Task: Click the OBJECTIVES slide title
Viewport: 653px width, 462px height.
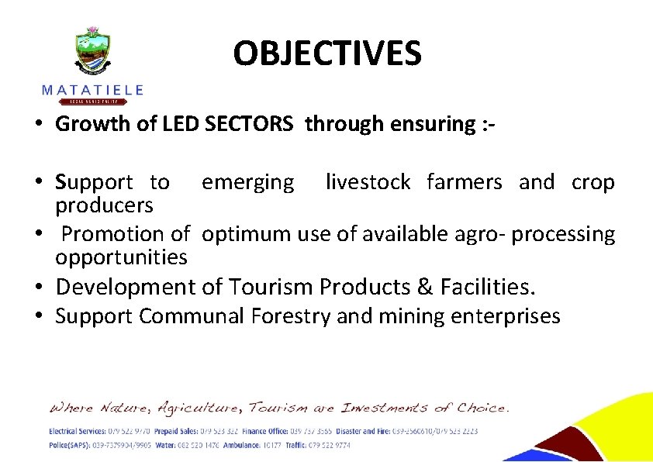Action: pos(327,53)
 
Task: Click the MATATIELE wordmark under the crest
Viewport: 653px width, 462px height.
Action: pos(92,90)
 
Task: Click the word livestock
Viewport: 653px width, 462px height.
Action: pos(368,182)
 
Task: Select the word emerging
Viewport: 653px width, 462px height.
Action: pos(248,183)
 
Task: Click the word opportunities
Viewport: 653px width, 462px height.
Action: pos(121,257)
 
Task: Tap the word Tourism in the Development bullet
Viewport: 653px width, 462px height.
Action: pos(271,287)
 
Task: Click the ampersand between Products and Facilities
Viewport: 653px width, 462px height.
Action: pos(423,287)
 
